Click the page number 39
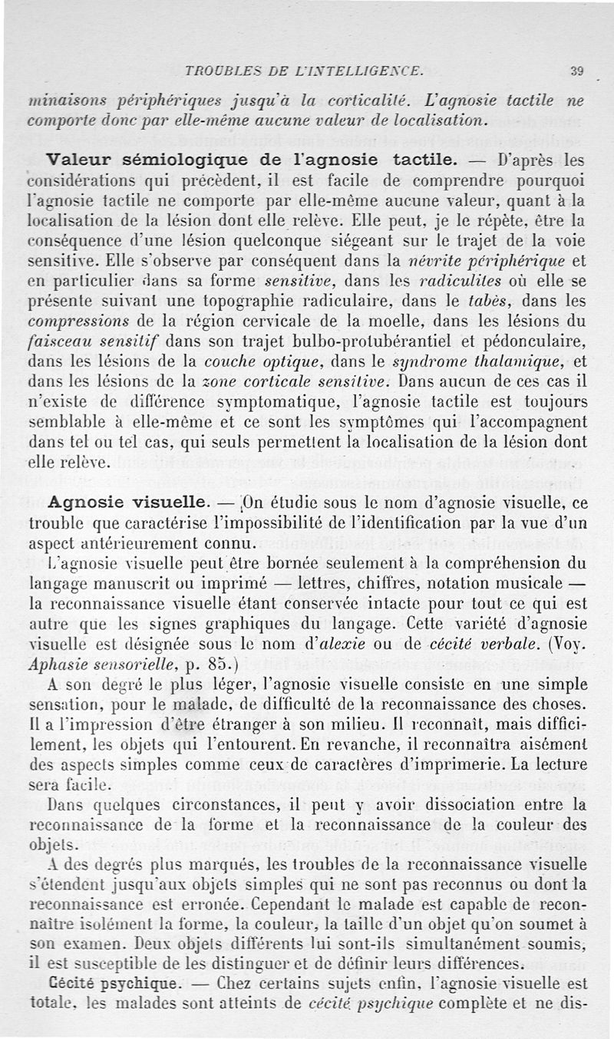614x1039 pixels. [x=577, y=71]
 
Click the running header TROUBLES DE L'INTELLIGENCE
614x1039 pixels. [x=304, y=71]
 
